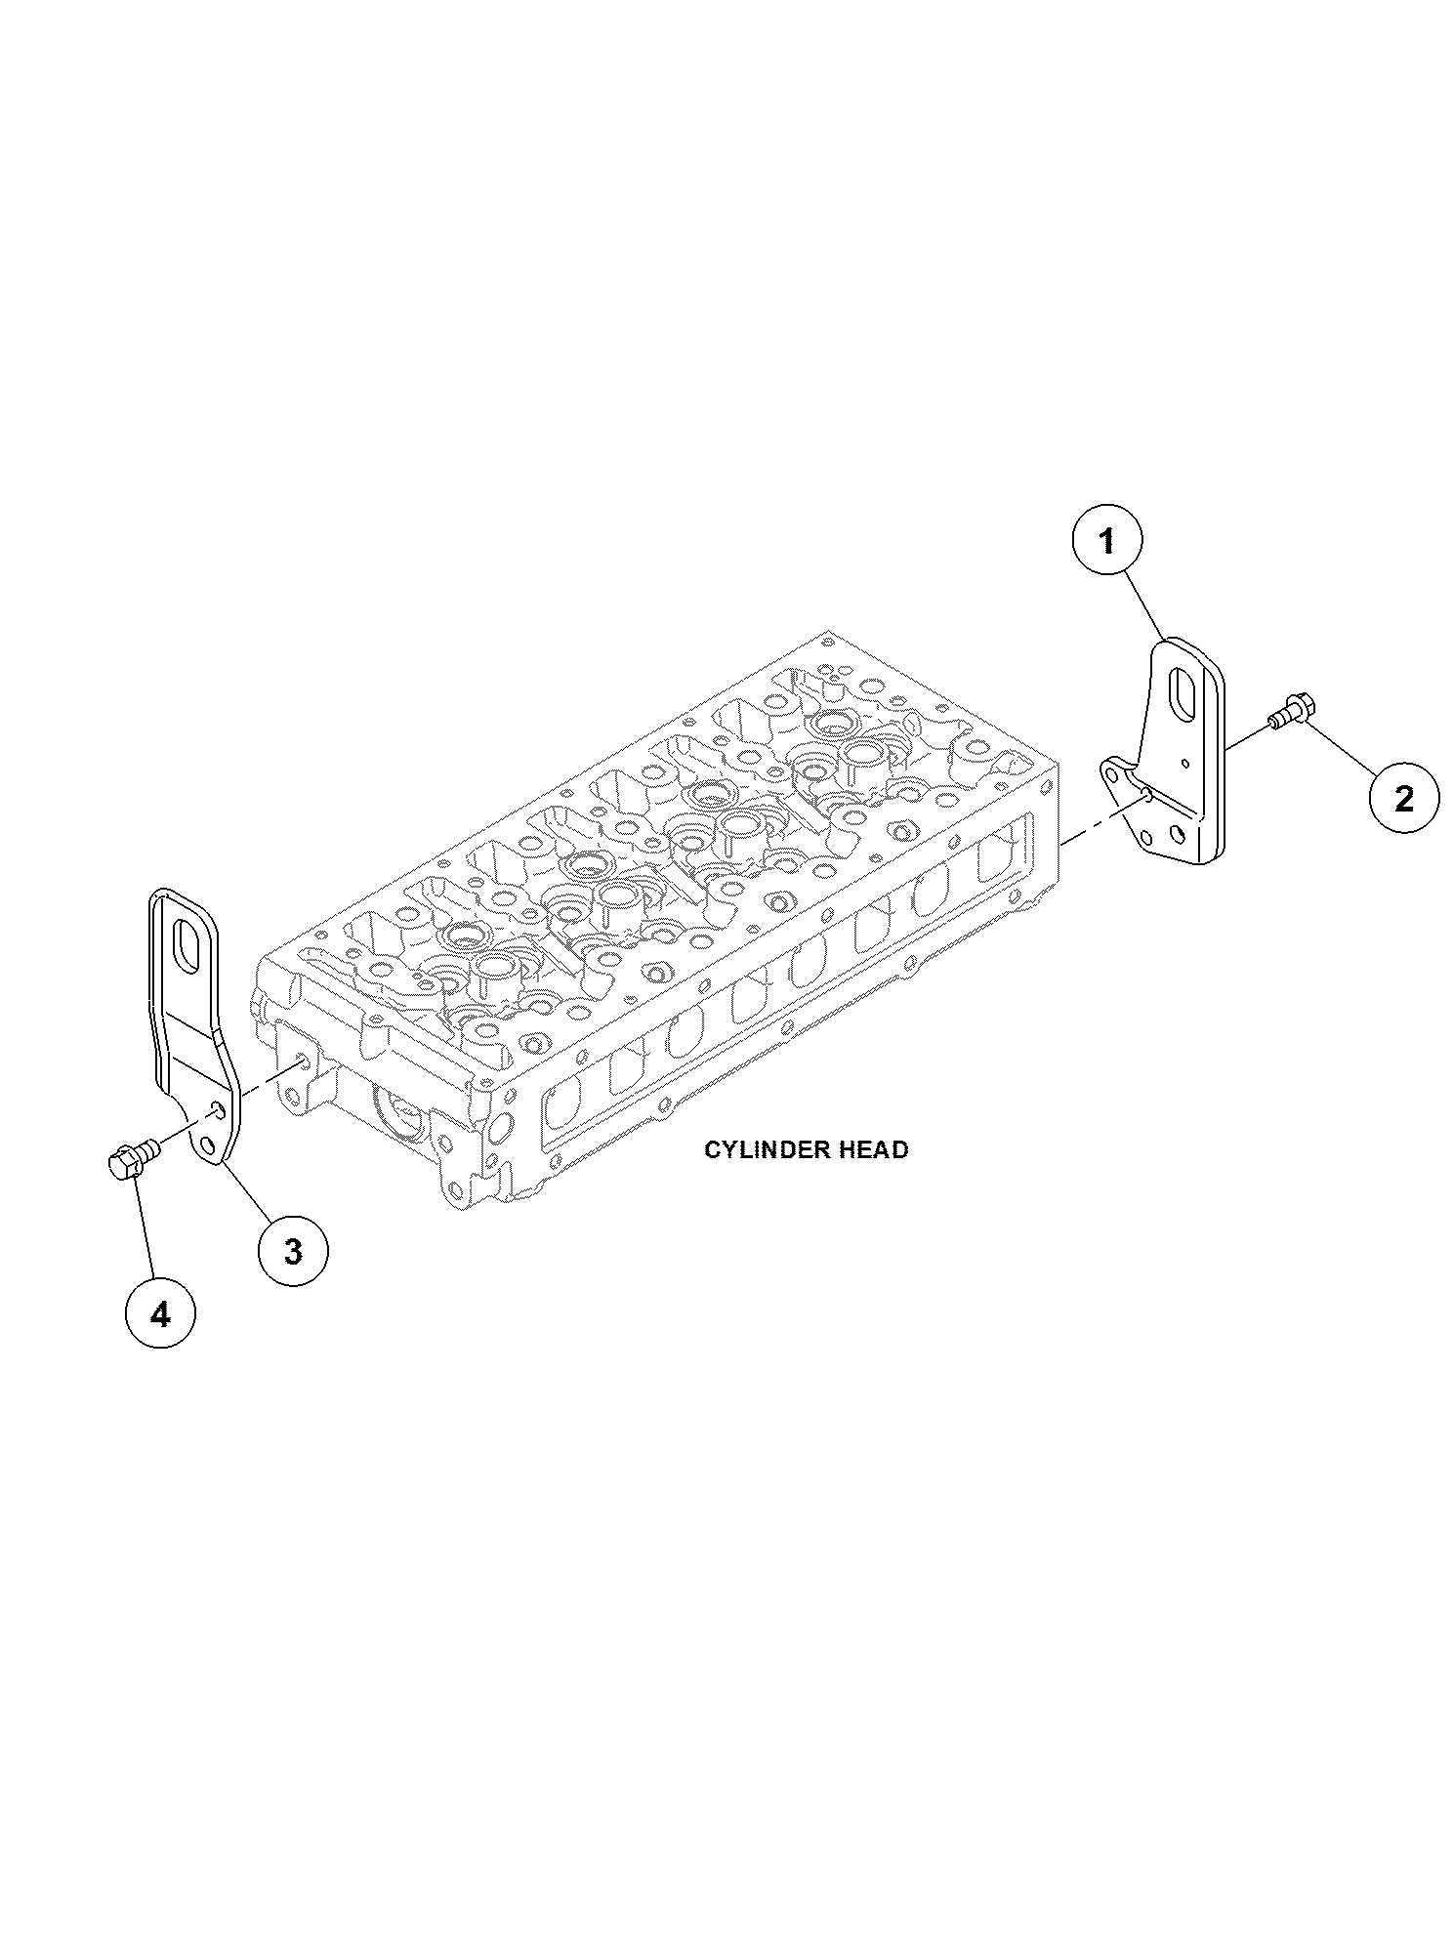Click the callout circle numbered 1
click(x=1106, y=541)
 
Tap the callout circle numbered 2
click(x=1403, y=798)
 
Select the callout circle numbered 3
click(x=293, y=1252)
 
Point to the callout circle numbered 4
click(x=160, y=1314)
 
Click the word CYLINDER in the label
click(x=758, y=1149)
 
